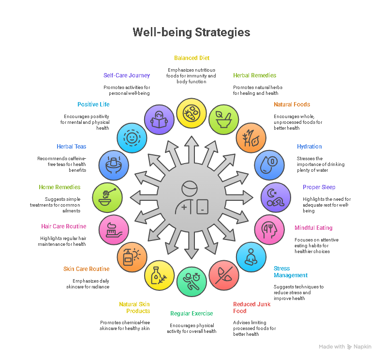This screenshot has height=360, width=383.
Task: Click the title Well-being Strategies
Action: click(x=191, y=32)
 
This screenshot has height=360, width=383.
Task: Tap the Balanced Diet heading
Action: click(x=191, y=58)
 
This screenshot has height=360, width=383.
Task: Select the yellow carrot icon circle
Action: click(x=191, y=113)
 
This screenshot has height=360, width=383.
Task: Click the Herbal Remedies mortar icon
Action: click(x=222, y=119)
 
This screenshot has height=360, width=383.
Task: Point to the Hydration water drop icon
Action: click(x=267, y=165)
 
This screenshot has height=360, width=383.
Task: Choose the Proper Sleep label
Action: click(x=319, y=187)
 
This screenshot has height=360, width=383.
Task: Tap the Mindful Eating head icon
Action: click(x=269, y=229)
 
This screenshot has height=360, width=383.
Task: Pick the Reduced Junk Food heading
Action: click(x=251, y=308)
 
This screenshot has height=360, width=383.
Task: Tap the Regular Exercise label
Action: click(x=191, y=314)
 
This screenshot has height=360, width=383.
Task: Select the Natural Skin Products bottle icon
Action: click(x=159, y=276)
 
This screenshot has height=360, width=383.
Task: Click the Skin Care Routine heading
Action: click(x=86, y=269)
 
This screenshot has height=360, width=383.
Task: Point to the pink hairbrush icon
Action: click(x=113, y=228)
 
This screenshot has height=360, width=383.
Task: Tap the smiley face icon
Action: click(x=132, y=137)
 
